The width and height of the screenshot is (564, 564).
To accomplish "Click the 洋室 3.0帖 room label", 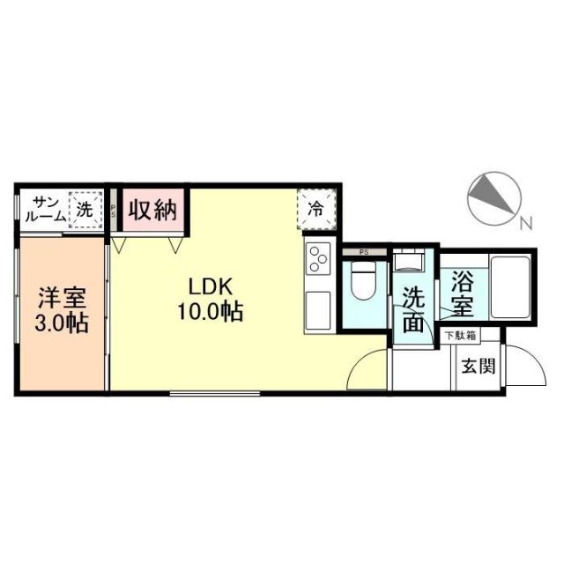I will [61, 310].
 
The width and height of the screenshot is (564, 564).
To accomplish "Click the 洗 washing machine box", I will [85, 211].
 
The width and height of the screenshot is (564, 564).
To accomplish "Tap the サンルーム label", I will [43, 210].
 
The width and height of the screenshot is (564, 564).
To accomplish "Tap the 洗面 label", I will [413, 309].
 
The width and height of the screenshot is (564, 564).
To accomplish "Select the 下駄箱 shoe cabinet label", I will [460, 336].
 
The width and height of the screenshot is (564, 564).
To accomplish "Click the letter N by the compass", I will [526, 224].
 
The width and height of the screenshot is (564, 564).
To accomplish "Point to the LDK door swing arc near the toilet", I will [368, 367].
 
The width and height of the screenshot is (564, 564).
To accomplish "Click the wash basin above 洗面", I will [409, 265].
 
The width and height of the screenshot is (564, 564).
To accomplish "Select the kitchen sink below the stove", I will [316, 308].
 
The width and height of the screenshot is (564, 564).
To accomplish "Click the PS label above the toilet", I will [364, 251].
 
